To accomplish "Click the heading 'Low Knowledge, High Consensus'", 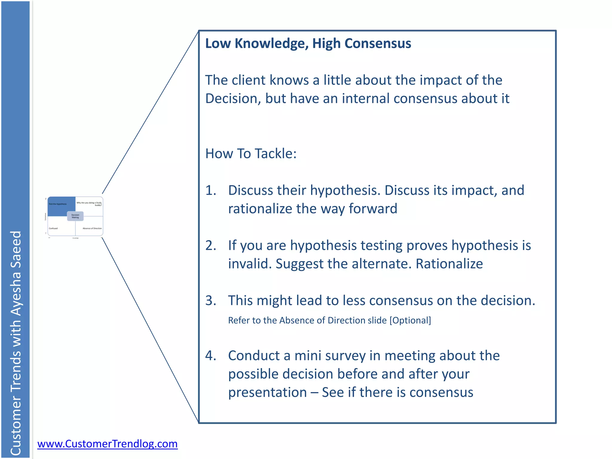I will coord(308,44).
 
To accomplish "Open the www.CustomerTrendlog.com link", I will coord(107,444).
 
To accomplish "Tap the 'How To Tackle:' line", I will coord(251,154).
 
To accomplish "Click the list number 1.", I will coord(211,190).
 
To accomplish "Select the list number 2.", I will coord(211,246).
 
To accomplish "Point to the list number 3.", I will coord(211,301).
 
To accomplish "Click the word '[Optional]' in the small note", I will coord(410,320).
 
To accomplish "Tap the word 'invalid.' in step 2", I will coord(250,264).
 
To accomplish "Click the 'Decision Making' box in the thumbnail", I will coord(75,216).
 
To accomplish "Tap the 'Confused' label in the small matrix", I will coord(53,228).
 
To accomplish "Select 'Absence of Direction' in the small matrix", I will coord(92,228).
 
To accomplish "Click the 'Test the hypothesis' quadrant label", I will coord(58,204).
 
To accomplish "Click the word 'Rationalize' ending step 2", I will coord(449,264).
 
